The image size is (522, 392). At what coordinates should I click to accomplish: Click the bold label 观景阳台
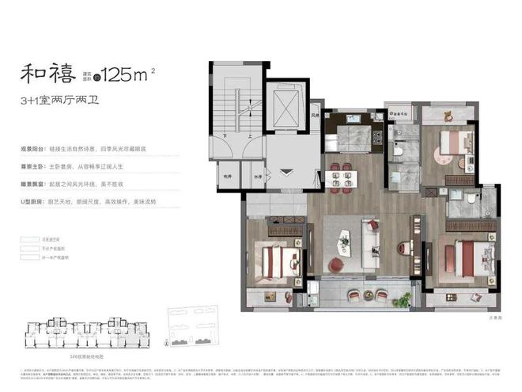point(34,149)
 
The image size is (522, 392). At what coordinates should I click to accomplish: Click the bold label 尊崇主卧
point(34,166)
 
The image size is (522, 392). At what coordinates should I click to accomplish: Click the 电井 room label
point(229,177)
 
